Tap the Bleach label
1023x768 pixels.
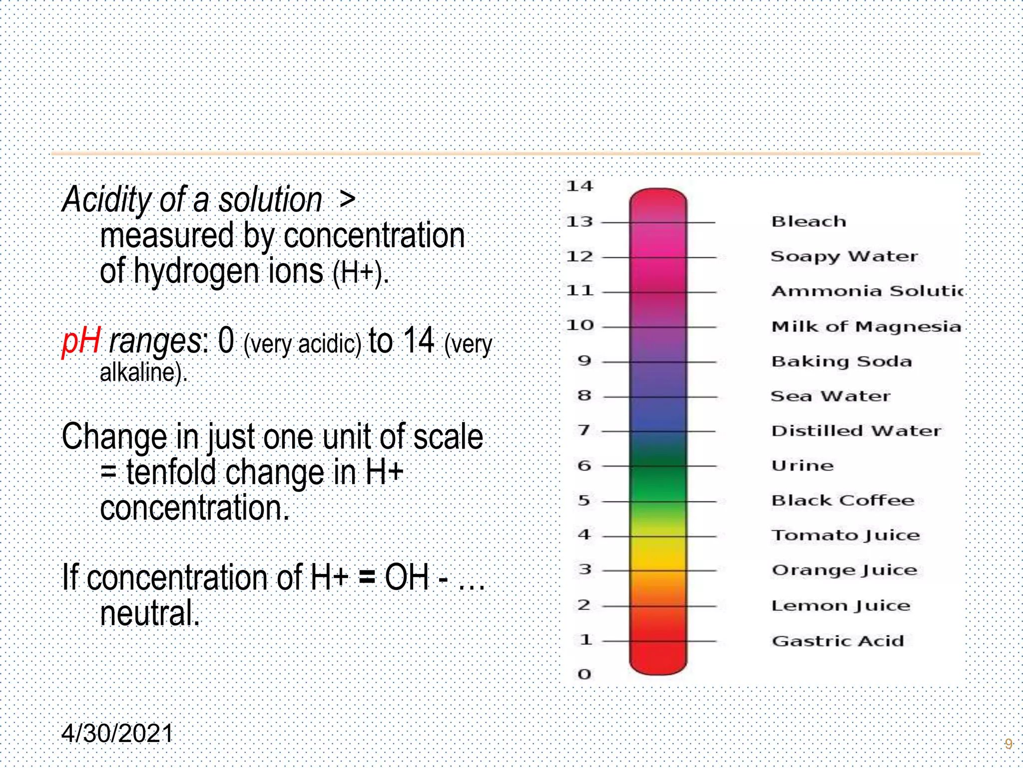pos(809,221)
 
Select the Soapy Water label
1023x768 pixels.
pos(844,256)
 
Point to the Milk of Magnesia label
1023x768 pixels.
pos(866,326)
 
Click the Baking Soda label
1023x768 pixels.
pos(842,361)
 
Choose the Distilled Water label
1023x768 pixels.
pos(856,431)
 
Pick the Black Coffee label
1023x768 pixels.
pos(843,500)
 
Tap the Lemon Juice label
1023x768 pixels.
pos(841,606)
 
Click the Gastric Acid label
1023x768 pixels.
pos(838,641)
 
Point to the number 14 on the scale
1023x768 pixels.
pos(579,186)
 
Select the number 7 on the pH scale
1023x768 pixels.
pos(584,430)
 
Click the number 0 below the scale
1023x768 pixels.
pos(584,674)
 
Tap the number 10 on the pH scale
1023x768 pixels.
pos(580,325)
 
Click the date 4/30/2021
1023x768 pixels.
pos(117,733)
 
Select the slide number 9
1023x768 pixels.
pos(1008,744)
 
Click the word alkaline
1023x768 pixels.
pos(142,372)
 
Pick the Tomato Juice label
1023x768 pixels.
pos(845,535)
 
